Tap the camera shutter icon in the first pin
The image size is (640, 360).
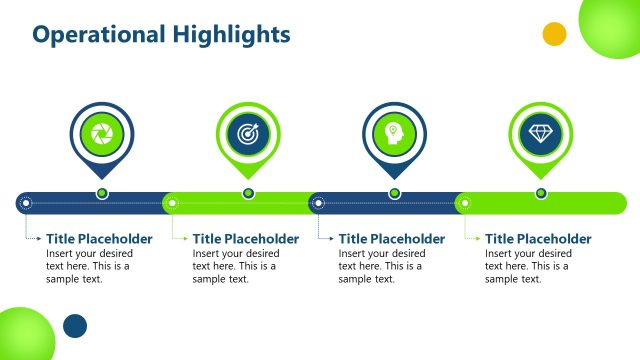101,133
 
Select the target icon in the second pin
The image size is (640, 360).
248,133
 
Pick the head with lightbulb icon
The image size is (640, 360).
394,133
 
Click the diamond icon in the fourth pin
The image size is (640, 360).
541,133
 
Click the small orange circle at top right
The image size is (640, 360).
554,34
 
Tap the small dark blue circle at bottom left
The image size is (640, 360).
75,326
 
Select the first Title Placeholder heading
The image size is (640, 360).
99,239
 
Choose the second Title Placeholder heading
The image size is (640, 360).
246,239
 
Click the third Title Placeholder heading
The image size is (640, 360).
392,239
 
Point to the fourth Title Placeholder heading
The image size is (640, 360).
539,239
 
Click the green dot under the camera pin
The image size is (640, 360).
101,193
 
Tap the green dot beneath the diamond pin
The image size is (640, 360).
541,193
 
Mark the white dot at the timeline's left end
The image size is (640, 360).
26,204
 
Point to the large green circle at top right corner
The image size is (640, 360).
612,25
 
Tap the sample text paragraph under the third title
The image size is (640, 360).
381,266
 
